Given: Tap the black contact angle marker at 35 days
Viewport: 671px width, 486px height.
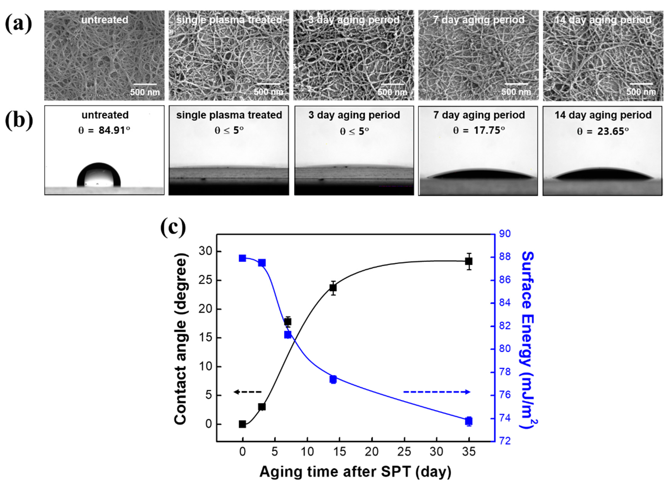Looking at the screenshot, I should point(469,261).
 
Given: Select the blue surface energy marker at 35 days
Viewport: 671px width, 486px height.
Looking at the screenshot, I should point(469,421).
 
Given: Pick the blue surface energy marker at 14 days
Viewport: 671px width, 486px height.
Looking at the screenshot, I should point(333,379).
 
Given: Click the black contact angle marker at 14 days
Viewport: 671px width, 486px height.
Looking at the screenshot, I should point(333,288).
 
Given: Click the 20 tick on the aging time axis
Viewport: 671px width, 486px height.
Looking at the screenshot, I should point(372,451).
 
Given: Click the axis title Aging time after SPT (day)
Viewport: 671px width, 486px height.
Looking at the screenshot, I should point(355,471).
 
